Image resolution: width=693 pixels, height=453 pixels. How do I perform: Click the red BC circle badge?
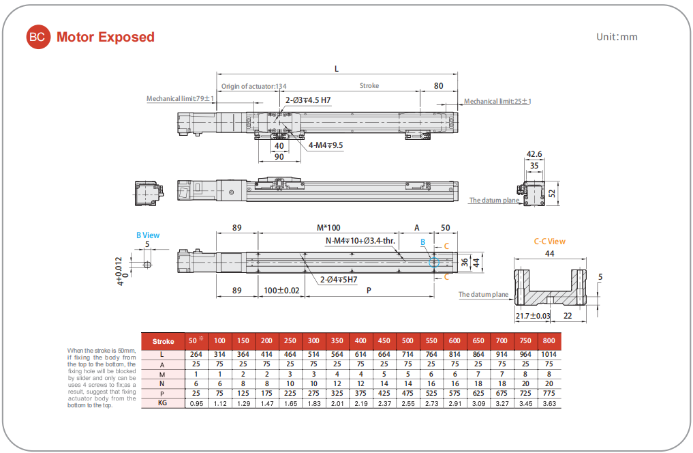point(37,38)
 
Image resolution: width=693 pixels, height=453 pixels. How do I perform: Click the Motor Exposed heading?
point(106,38)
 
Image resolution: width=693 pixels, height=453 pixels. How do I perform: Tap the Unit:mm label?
point(617,37)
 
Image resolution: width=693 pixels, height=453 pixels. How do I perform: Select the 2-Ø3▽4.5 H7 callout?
point(308,100)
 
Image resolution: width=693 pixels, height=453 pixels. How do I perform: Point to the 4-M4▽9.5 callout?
point(326,145)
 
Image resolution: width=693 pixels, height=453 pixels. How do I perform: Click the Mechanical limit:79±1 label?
point(181,99)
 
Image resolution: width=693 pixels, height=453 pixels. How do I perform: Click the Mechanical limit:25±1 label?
point(497,102)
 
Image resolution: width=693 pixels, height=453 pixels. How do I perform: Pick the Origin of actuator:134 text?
point(254,87)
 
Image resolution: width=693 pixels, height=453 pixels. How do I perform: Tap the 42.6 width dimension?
point(534,154)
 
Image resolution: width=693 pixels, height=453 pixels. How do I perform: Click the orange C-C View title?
point(549,242)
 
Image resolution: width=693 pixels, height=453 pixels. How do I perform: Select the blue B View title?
point(148,235)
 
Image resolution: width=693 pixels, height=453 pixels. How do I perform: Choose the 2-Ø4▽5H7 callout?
point(339,279)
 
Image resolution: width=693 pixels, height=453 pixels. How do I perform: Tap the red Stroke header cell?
point(163,341)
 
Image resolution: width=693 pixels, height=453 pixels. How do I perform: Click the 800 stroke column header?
point(549,341)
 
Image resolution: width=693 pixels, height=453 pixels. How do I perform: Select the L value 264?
point(196,355)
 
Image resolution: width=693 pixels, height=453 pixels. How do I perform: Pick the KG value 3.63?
point(549,404)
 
